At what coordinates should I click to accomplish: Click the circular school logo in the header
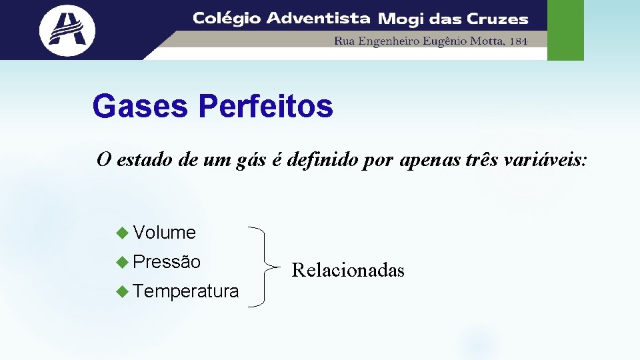67,30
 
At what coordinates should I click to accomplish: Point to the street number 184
517,41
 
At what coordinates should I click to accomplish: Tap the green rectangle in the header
565,30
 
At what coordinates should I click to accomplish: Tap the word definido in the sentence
321,161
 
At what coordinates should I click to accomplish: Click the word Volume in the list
164,233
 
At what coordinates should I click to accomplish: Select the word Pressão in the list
167,262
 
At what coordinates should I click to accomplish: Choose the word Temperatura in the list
185,291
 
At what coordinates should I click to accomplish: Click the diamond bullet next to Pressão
121,262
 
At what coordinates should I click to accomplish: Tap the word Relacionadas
348,270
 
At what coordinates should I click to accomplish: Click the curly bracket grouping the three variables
267,267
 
